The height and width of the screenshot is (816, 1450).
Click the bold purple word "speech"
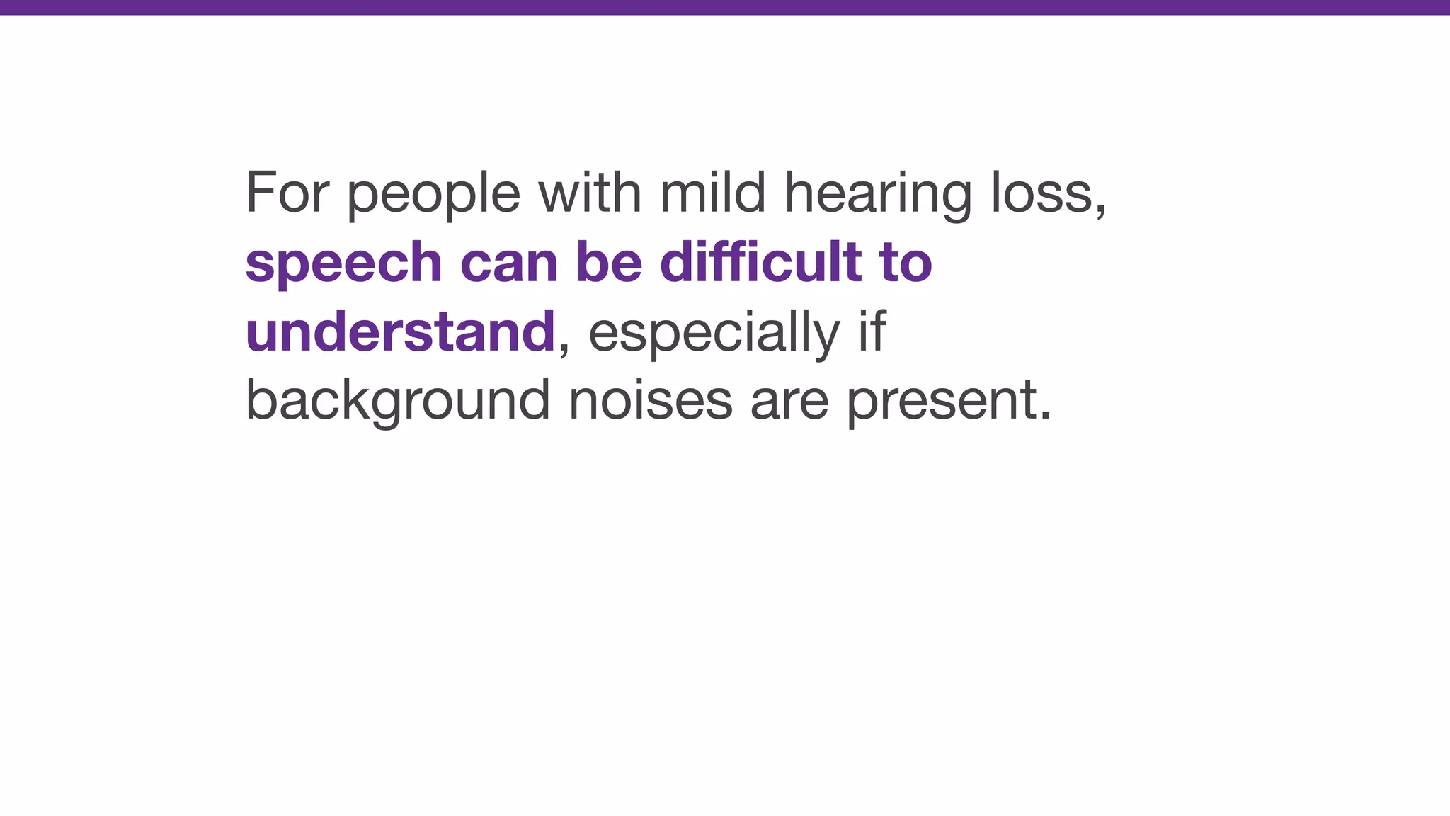[343, 263]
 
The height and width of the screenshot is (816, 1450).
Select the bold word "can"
[509, 263]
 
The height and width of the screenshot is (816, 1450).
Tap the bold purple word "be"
[609, 261]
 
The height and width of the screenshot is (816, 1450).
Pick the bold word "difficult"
[760, 261]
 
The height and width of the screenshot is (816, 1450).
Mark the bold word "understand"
[400, 331]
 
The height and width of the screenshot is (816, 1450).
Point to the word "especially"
[714, 332]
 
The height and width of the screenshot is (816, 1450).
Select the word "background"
[397, 400]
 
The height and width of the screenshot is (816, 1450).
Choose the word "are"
[789, 402]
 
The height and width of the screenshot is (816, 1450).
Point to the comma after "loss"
[1100, 211]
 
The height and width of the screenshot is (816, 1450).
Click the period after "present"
[1046, 416]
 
